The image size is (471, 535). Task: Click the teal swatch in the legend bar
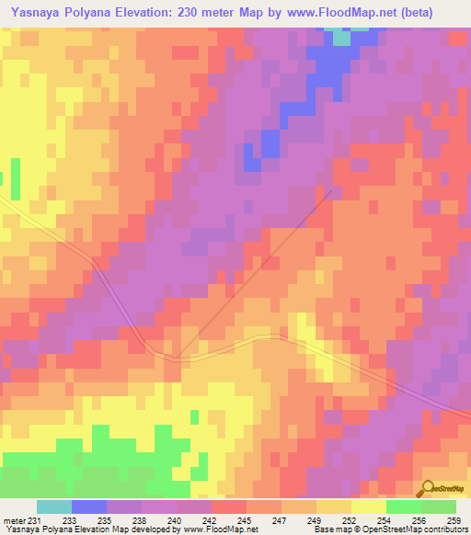(54, 507)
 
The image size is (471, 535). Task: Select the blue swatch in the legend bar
(89, 507)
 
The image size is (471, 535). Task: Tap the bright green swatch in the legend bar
(404, 507)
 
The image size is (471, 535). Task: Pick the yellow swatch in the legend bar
(369, 507)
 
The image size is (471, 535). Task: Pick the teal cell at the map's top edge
(341, 38)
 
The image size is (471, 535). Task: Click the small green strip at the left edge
(15, 178)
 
